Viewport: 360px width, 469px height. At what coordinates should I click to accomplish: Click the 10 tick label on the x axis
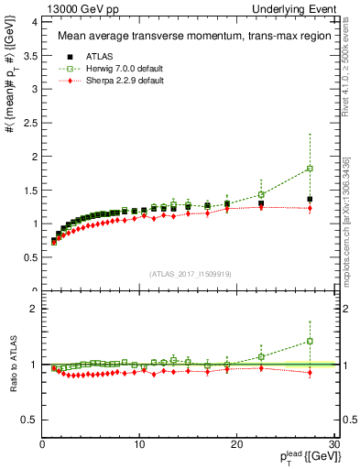pos(139,445)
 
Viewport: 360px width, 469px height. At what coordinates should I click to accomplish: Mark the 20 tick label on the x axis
pos(236,445)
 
